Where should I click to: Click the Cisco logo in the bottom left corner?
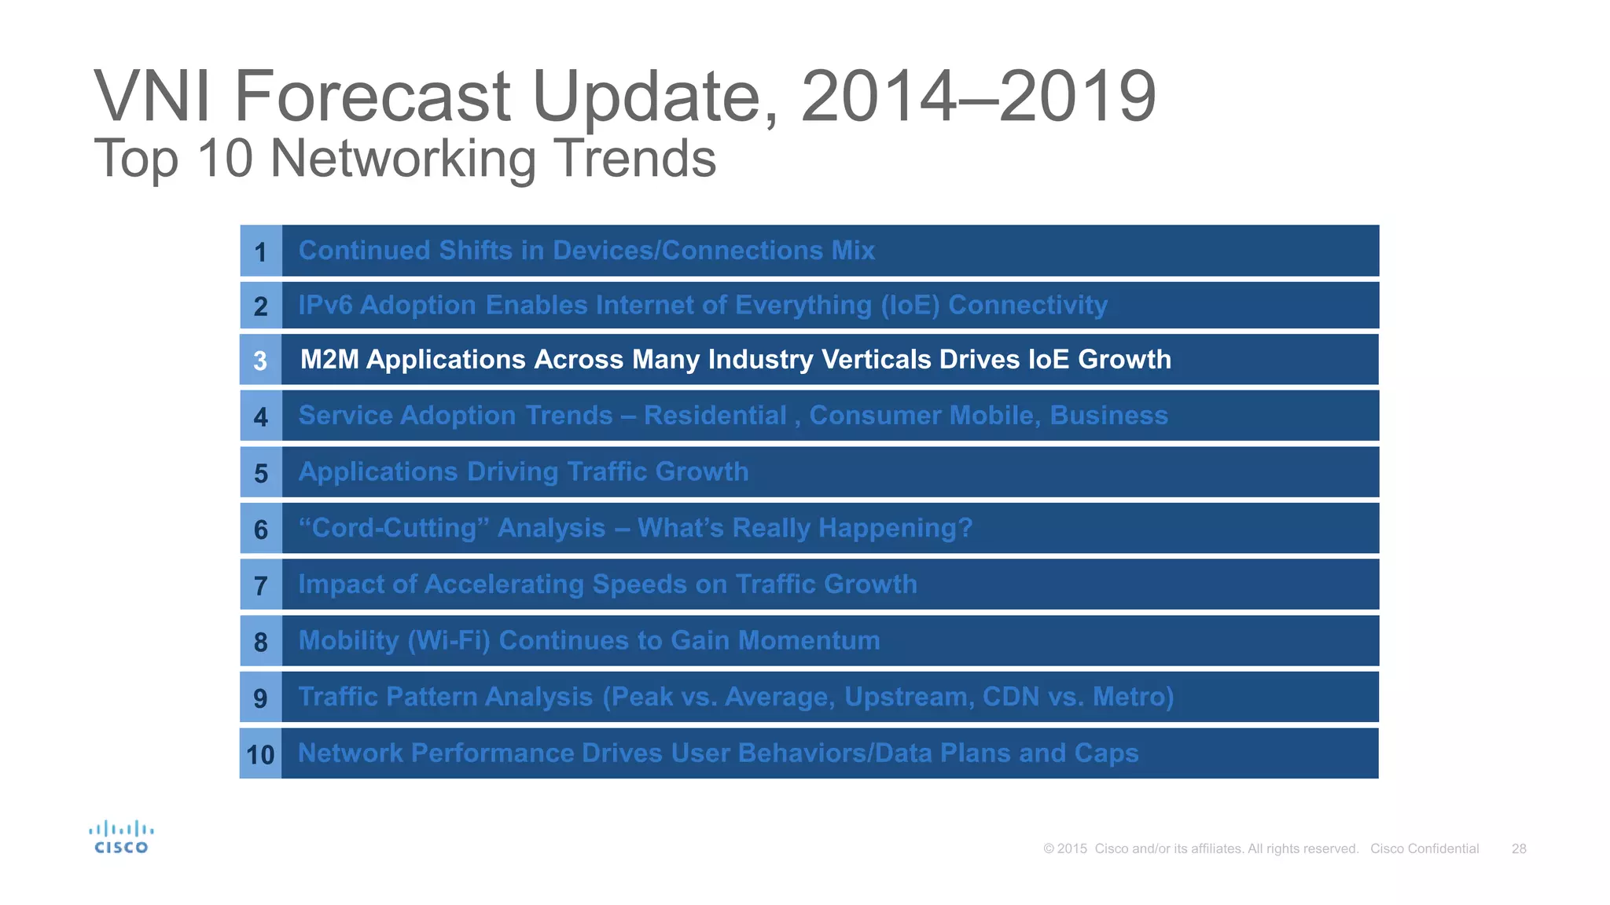tap(121, 837)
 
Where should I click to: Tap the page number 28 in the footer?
tap(1519, 848)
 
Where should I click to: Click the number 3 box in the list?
tap(260, 361)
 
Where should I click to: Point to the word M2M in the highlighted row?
tap(329, 360)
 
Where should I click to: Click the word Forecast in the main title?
tap(373, 97)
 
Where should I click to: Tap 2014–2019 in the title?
tap(978, 97)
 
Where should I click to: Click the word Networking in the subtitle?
tap(403, 159)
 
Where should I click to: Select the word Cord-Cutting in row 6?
tap(394, 528)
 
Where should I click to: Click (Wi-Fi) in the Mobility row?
tap(449, 641)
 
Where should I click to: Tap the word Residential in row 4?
tap(715, 416)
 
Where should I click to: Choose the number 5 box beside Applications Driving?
tap(260, 474)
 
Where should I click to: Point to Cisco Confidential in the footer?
tap(1424, 848)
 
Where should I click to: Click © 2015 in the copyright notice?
tap(1065, 848)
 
